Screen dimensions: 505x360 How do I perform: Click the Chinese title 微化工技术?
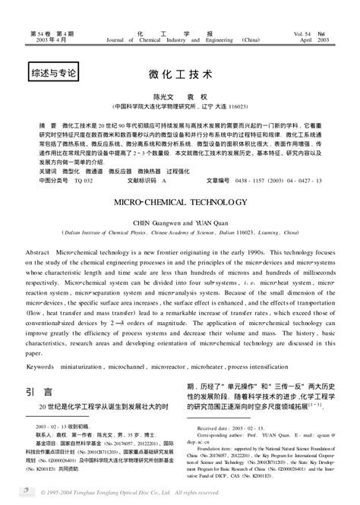tap(180, 76)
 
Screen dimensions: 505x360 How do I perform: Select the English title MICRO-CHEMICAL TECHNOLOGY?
tap(180, 204)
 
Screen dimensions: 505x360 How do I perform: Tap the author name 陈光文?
tap(164, 98)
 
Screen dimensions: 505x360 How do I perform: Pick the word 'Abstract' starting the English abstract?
tap(38, 250)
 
